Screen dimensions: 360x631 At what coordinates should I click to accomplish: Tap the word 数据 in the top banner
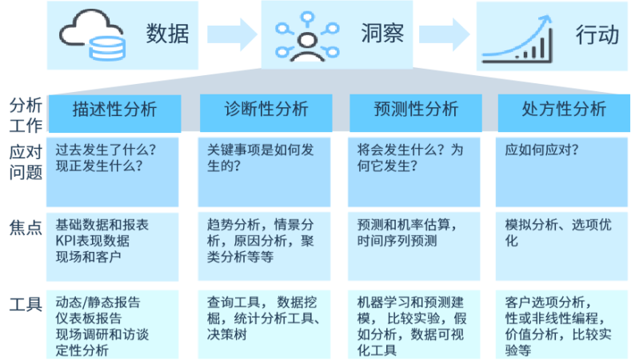point(167,34)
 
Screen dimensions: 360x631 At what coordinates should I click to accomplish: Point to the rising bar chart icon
point(517,38)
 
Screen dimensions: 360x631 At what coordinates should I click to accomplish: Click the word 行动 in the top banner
point(597,34)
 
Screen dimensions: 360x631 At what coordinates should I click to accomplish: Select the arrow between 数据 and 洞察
point(231,34)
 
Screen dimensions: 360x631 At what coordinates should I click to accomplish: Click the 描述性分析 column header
point(114,110)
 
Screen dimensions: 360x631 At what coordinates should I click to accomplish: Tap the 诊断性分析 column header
point(265,110)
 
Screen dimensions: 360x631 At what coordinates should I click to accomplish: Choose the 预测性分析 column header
point(415,110)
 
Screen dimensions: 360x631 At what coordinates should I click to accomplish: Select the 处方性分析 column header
point(563,110)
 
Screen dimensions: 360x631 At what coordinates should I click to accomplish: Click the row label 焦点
point(24,226)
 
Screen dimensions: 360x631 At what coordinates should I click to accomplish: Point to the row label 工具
point(24,305)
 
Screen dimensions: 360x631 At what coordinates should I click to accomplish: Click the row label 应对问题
point(24,160)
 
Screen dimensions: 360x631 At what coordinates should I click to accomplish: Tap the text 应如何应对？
point(541,150)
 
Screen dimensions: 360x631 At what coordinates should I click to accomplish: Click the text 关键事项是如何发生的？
point(262,158)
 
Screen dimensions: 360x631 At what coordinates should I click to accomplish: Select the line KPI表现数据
point(93,241)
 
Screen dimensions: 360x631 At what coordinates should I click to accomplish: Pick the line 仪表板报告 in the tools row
point(89,318)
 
